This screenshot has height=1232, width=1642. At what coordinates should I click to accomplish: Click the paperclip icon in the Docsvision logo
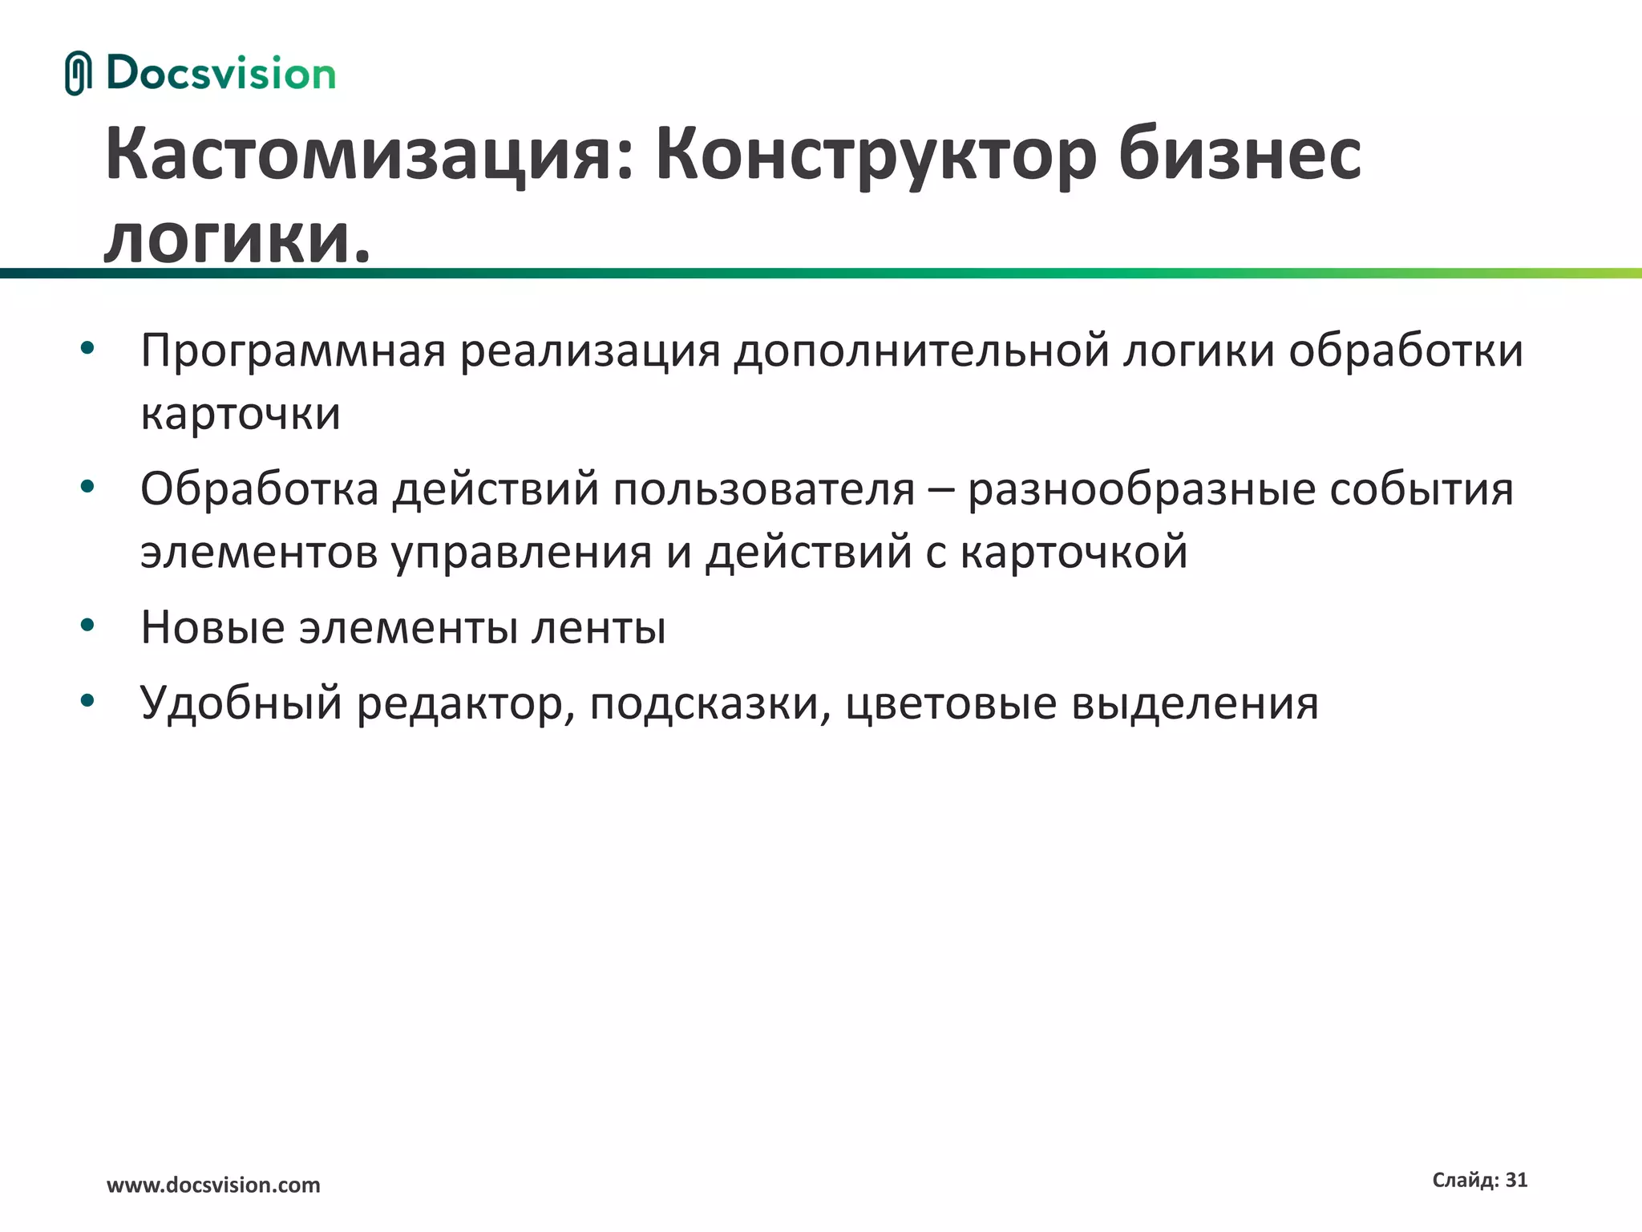pyautogui.click(x=77, y=74)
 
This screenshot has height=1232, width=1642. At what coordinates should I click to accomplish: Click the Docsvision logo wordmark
pyautogui.click(x=220, y=74)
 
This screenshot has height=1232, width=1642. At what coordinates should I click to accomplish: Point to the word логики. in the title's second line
pyautogui.click(x=237, y=238)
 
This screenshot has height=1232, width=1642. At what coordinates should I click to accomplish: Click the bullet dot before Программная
pyautogui.click(x=87, y=348)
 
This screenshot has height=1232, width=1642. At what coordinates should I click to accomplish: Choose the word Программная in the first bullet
pyautogui.click(x=293, y=351)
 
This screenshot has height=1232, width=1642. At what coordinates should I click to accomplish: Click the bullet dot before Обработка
pyautogui.click(x=87, y=486)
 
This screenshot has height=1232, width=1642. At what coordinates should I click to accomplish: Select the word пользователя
pyautogui.click(x=764, y=489)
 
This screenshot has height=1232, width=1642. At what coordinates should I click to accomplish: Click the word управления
pyautogui.click(x=522, y=553)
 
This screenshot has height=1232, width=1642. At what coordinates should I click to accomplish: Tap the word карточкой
pyautogui.click(x=1074, y=553)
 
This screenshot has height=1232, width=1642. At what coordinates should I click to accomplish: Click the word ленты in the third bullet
pyautogui.click(x=598, y=627)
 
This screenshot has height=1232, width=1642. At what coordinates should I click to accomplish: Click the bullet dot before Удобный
pyautogui.click(x=87, y=700)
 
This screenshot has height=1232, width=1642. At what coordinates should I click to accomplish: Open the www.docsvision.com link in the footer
pyautogui.click(x=213, y=1185)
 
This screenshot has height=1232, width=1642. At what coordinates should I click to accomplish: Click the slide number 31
pyautogui.click(x=1516, y=1180)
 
